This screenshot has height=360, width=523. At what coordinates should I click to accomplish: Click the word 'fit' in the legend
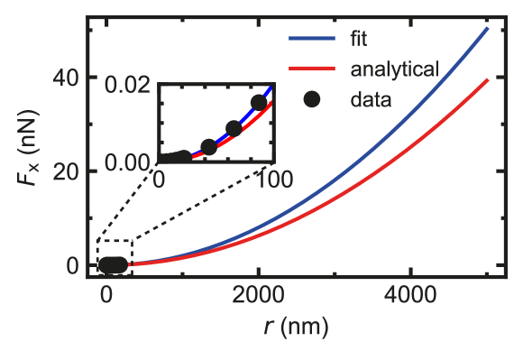point(358,40)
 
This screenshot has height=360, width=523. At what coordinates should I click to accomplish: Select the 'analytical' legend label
point(394,69)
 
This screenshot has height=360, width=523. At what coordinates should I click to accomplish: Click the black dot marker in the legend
point(312,99)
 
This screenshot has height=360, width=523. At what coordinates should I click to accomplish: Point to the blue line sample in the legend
point(312,40)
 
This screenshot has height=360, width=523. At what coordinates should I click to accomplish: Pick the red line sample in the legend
point(312,69)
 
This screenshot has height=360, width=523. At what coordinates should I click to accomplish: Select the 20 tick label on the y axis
point(69,171)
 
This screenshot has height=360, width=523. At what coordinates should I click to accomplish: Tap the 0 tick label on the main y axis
point(75,266)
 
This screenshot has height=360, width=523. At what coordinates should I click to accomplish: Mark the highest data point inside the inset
point(260,102)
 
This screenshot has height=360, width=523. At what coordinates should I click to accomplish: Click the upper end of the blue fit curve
point(488,28)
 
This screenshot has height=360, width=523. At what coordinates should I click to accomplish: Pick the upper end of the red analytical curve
point(488,79)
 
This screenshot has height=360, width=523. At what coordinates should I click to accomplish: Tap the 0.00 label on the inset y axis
point(132,162)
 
